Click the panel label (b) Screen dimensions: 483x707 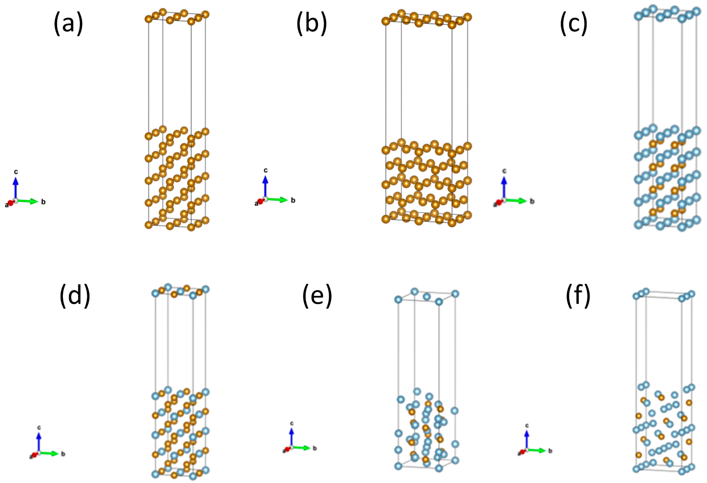pyautogui.click(x=312, y=24)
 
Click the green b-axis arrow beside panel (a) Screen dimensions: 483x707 pyautogui.click(x=29, y=201)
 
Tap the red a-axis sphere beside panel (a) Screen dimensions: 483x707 pyautogui.click(x=11, y=203)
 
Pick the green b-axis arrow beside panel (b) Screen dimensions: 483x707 pyautogui.click(x=279, y=200)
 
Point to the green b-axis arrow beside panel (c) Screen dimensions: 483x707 pyautogui.click(x=517, y=201)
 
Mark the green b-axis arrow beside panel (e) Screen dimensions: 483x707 pyautogui.click(x=302, y=448)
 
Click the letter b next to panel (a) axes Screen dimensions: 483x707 pyautogui.click(x=43, y=202)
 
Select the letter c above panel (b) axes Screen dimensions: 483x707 pyautogui.click(x=266, y=170)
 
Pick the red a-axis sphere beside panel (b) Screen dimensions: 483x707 pyautogui.click(x=260, y=202)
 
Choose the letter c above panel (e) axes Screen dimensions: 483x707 pyautogui.click(x=292, y=423)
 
